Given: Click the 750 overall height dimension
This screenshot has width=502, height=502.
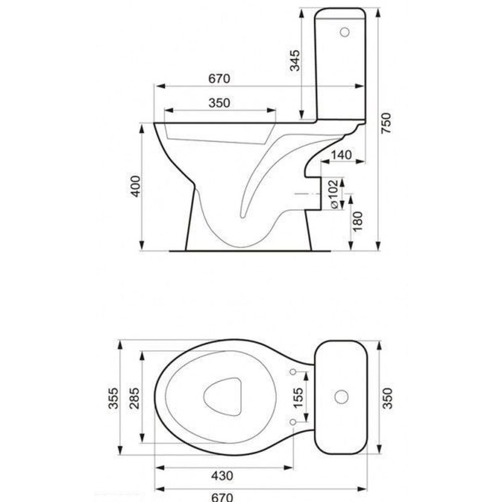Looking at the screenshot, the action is coord(387,123).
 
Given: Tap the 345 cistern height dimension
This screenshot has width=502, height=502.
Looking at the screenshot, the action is coord(295,60).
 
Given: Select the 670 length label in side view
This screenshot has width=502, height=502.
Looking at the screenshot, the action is coord(219,79).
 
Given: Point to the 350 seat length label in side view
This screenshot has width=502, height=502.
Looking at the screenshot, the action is coord(219,103).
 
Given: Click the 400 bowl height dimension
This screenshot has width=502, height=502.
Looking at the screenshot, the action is coord(136,186).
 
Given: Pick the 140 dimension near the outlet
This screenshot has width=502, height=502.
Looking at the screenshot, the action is coord(341,155).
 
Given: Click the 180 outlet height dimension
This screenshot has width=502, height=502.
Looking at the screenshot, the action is coord(357,221).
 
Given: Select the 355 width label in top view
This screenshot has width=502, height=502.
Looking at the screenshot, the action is coord(113,398).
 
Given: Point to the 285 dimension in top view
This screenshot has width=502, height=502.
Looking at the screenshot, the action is coord(135,398).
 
